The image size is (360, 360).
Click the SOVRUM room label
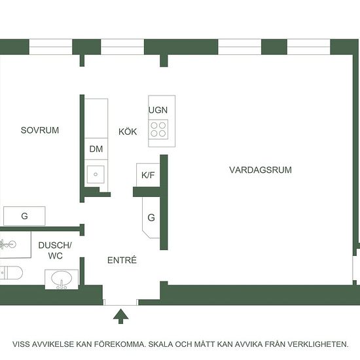(40, 130)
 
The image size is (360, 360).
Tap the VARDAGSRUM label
(261, 170)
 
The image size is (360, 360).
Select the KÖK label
(128, 132)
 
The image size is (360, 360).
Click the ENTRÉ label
(122, 260)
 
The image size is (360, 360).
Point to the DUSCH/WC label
(55, 251)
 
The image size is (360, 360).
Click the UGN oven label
(158, 110)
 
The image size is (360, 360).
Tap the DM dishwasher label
(96, 149)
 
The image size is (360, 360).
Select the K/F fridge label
(148, 175)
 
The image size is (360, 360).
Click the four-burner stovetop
(158, 129)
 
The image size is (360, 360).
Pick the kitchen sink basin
(96, 174)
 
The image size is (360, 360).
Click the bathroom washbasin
(62, 279)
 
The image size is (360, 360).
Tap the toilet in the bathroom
(11, 273)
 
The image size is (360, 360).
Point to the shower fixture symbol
(8, 244)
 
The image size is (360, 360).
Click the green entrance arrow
(121, 316)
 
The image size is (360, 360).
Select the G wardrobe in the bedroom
(24, 216)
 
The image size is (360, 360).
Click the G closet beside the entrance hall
(151, 217)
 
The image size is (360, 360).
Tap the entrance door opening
(121, 302)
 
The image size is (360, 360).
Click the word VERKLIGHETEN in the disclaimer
(317, 344)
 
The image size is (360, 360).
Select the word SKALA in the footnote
(161, 344)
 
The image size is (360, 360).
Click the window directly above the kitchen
(122, 47)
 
